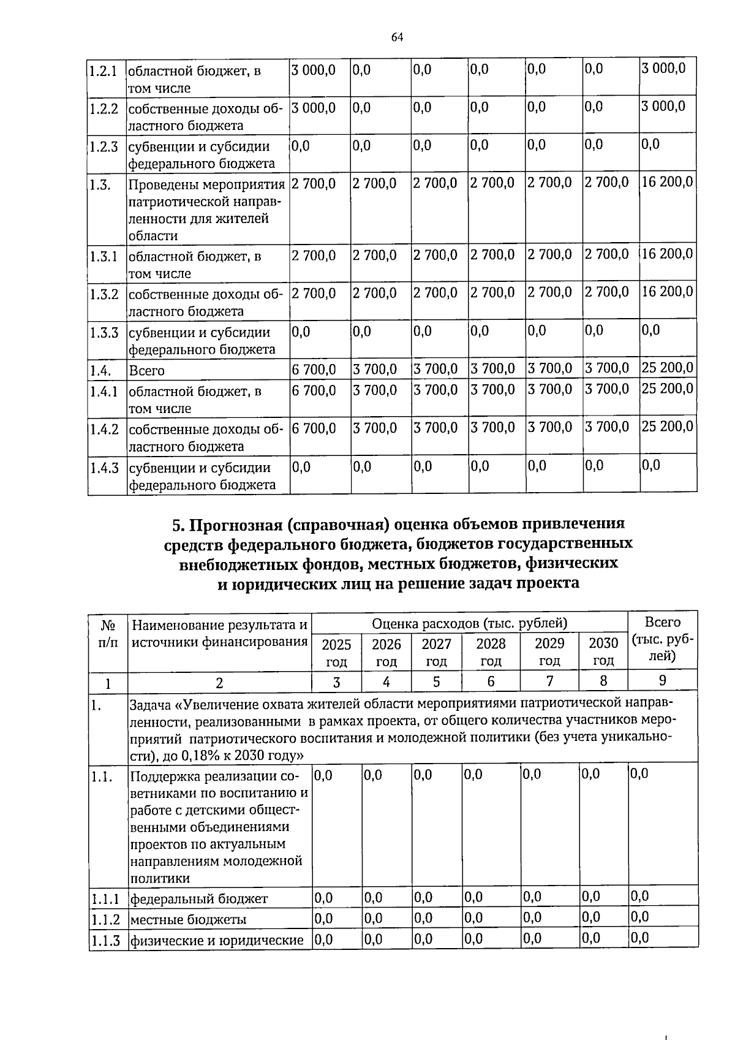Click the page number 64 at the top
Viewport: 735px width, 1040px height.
pos(397,37)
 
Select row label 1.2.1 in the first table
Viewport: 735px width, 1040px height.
pos(103,70)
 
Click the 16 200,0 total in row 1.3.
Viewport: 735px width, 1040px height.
pos(667,182)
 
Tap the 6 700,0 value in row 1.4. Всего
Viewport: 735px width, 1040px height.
pos(314,369)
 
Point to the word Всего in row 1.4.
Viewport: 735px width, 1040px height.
pos(146,371)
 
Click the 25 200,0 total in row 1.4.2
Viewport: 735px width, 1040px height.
pos(667,426)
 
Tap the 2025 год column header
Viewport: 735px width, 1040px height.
pos(336,652)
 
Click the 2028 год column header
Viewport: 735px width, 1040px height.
pos(491,652)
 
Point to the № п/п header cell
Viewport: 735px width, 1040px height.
pos(108,633)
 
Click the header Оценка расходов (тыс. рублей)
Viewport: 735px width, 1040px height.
pos(469,623)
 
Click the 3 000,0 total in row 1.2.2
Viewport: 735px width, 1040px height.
pos(663,107)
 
